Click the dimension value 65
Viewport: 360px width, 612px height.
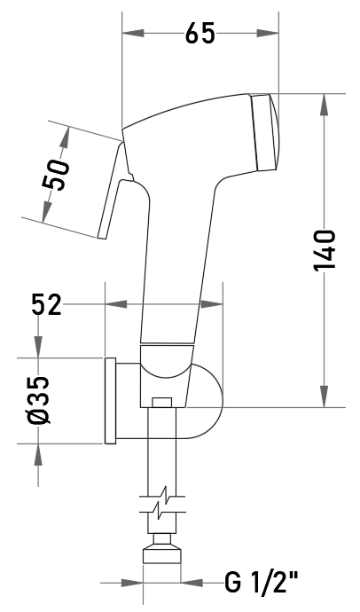[x=200, y=33]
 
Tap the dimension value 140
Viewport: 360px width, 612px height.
[x=325, y=250]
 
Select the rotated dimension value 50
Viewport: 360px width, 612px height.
[x=56, y=175]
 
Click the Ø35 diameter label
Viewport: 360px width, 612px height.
[x=39, y=400]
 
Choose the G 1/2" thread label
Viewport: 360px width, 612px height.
[x=262, y=583]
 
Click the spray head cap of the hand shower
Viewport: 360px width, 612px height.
[x=265, y=132]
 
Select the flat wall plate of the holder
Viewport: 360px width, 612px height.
[x=110, y=400]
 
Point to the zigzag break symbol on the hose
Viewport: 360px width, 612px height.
[x=162, y=504]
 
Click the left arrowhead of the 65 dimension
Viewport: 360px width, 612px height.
[x=133, y=33]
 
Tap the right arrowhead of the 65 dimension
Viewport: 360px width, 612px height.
[x=268, y=33]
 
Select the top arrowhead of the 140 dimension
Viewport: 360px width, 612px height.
[x=324, y=105]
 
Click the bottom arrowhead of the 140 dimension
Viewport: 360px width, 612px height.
[x=324, y=396]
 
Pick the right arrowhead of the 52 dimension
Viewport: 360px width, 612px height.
[x=212, y=304]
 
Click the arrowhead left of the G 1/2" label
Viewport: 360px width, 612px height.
[x=132, y=583]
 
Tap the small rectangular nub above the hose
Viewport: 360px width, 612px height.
[x=162, y=403]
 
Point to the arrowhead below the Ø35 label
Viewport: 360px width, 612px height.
[x=38, y=454]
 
